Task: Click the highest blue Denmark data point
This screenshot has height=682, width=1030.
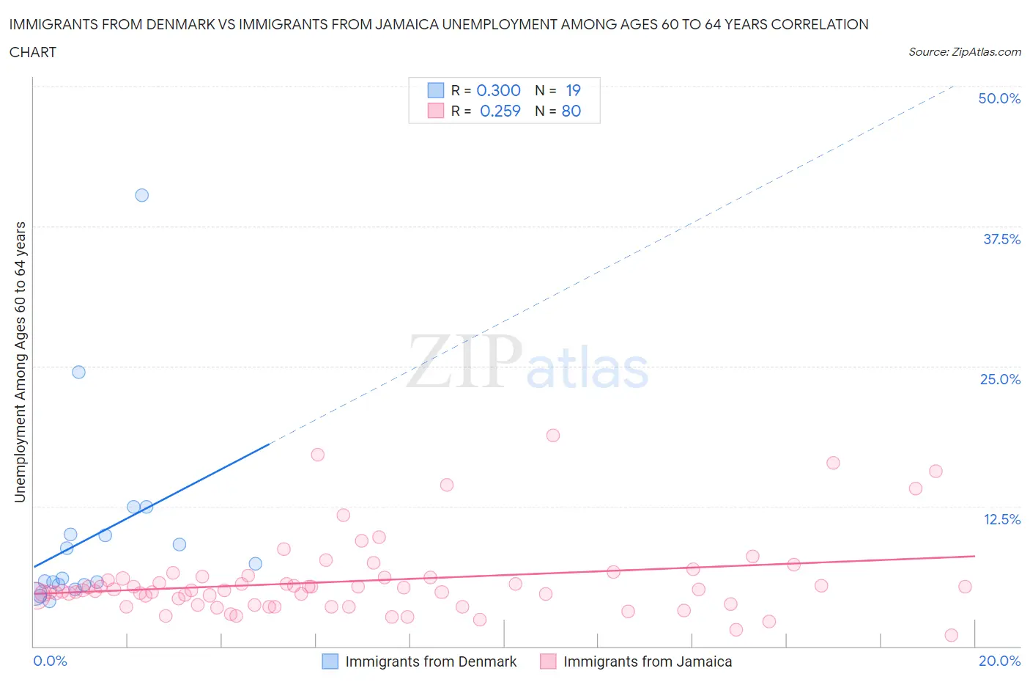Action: click(142, 195)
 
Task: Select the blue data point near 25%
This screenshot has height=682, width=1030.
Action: click(78, 372)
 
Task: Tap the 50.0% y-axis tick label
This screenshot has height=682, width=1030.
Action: click(999, 98)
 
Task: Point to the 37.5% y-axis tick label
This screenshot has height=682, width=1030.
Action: click(1001, 239)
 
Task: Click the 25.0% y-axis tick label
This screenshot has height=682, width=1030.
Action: click(1000, 379)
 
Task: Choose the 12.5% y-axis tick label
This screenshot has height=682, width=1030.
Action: click(1001, 519)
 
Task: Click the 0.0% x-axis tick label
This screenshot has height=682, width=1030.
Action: click(50, 661)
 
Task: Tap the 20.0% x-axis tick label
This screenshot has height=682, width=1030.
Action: click(999, 661)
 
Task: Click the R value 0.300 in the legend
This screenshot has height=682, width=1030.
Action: click(498, 90)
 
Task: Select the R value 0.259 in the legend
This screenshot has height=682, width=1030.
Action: click(500, 111)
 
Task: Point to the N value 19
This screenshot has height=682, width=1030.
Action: click(573, 90)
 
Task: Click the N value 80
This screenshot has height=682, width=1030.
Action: click(571, 111)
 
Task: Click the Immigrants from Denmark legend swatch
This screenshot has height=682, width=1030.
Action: click(330, 661)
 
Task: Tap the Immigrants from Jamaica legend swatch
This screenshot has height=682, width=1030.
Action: click(548, 661)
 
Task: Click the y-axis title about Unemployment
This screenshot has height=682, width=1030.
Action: click(20, 362)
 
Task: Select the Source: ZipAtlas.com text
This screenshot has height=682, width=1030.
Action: click(964, 52)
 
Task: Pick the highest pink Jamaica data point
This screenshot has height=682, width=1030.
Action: click(553, 436)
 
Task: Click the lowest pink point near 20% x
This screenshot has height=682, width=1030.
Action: click(951, 635)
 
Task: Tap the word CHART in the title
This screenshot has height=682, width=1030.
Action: click(33, 52)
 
